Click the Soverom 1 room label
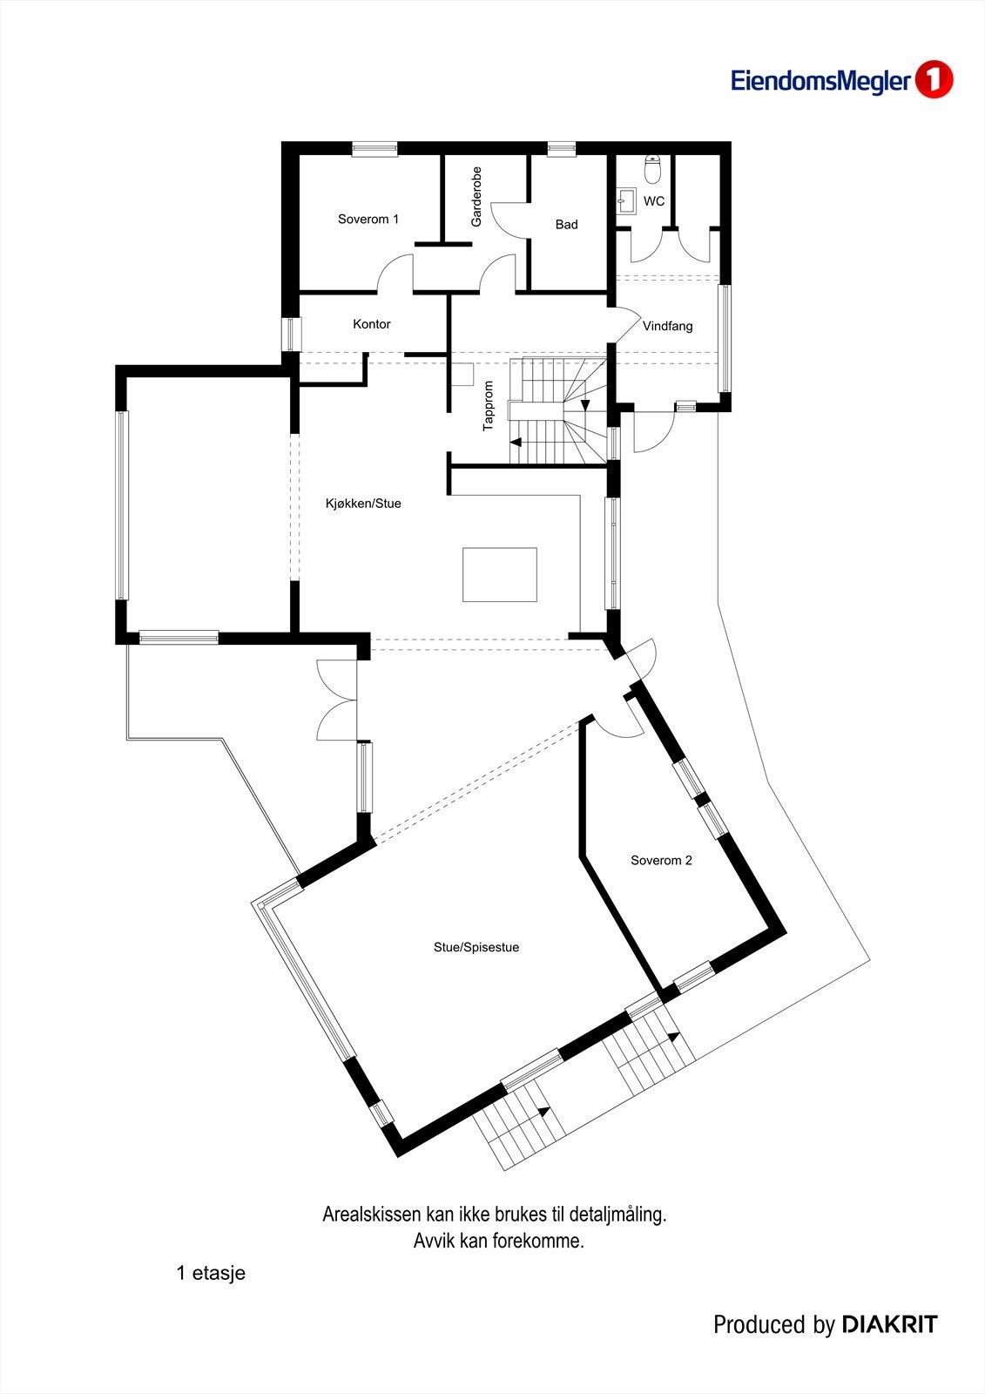(x=368, y=220)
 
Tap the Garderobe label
(x=476, y=197)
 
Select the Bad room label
(x=566, y=225)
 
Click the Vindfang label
(x=668, y=327)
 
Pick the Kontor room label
(x=371, y=324)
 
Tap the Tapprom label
(x=489, y=406)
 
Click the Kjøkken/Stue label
(x=363, y=504)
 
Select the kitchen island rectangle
(x=499, y=574)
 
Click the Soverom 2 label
(x=661, y=861)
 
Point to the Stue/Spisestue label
(x=476, y=948)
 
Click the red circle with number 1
(x=934, y=80)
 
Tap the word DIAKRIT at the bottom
(x=889, y=1325)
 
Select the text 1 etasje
(x=211, y=1273)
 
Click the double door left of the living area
(x=338, y=701)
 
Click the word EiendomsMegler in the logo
(x=820, y=82)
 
